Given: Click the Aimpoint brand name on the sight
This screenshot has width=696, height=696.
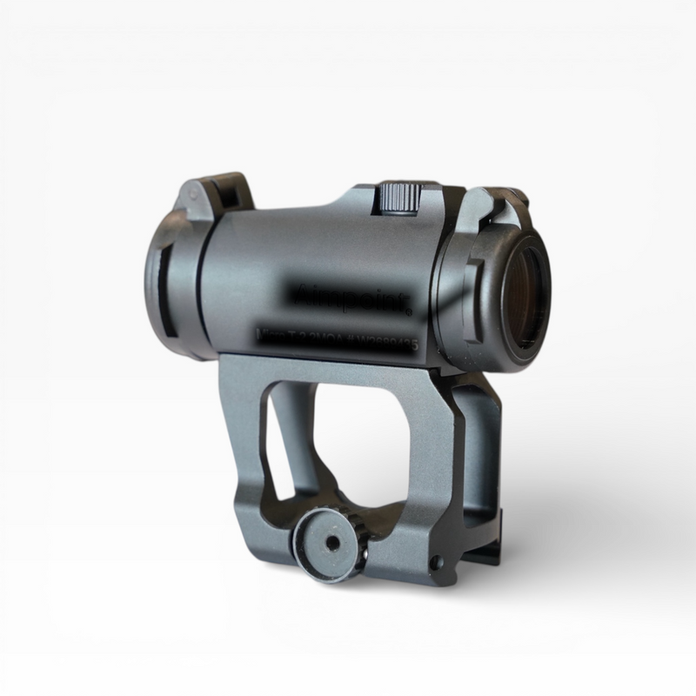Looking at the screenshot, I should coord(355,301).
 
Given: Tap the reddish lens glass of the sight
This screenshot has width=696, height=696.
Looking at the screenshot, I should coord(527,291).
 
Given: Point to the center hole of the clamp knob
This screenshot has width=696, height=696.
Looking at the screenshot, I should coord(332,544).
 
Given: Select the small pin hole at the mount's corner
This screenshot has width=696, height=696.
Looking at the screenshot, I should coord(434,565).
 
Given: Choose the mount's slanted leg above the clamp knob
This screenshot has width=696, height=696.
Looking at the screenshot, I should coord(248,444).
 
